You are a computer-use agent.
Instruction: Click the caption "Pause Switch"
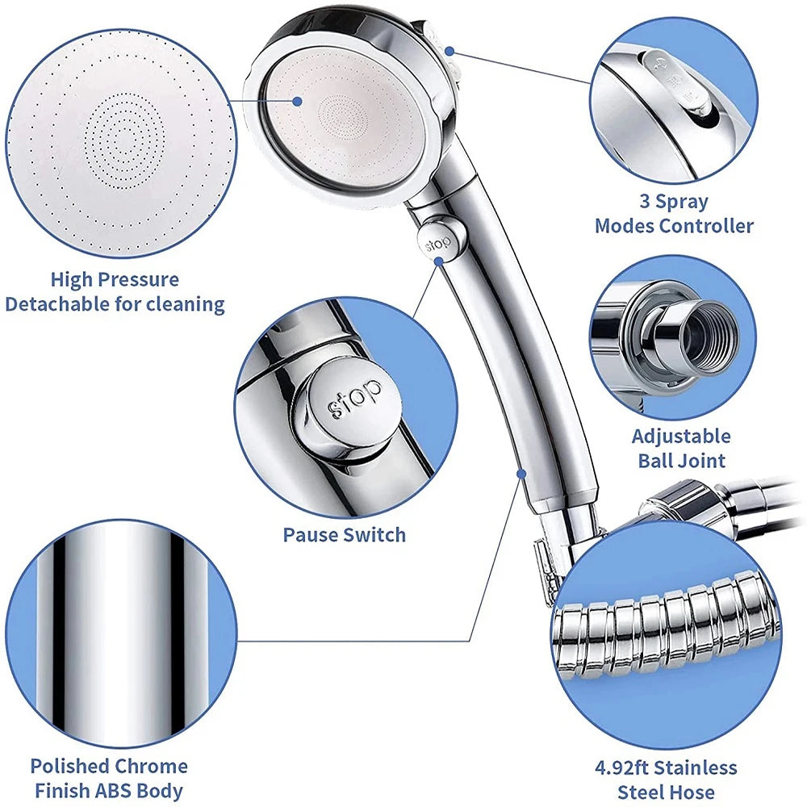click(x=345, y=534)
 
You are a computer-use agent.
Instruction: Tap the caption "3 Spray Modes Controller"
click(x=674, y=214)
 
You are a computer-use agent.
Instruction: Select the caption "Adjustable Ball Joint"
click(x=680, y=449)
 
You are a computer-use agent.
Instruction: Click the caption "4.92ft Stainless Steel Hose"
click(x=676, y=779)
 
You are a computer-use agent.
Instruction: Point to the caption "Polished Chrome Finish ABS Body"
click(x=109, y=778)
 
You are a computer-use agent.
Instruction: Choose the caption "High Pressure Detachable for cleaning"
click(x=115, y=292)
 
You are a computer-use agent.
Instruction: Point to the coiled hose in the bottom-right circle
click(x=666, y=633)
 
